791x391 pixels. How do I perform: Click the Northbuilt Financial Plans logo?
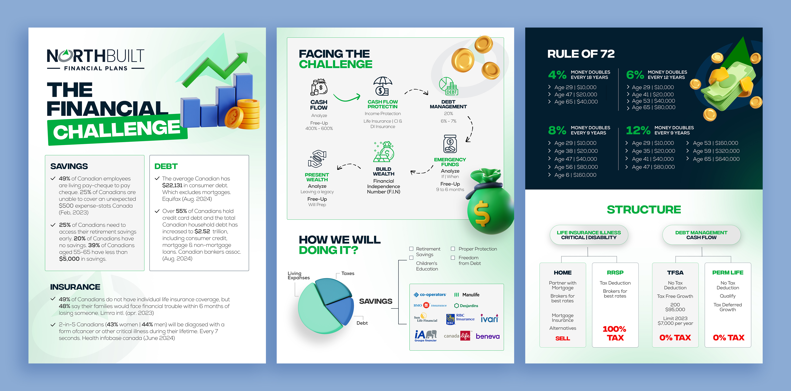click(x=96, y=60)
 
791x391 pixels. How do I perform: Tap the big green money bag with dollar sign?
click(x=488, y=209)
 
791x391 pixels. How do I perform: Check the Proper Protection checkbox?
click(x=453, y=249)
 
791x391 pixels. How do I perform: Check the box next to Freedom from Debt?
click(x=453, y=258)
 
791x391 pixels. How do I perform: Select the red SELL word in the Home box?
click(x=563, y=338)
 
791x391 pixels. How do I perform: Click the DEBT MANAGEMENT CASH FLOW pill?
click(x=701, y=235)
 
